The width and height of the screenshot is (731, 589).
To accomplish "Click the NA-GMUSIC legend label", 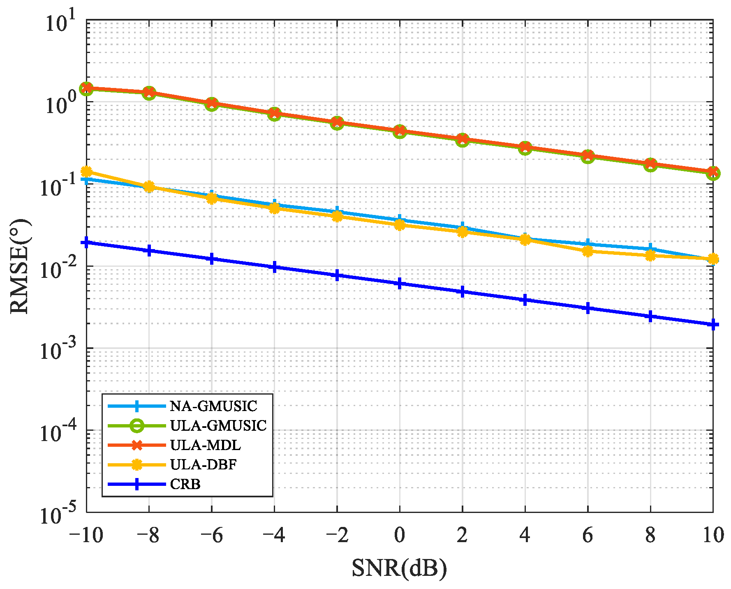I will click(213, 406).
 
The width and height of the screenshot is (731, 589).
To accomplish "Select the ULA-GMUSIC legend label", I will click(218, 425).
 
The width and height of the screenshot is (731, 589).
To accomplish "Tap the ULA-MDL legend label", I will click(205, 445).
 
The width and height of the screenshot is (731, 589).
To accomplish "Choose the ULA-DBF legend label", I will click(203, 464).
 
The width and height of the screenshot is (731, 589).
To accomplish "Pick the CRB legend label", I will click(185, 484).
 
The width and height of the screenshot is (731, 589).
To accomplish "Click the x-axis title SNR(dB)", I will click(399, 568).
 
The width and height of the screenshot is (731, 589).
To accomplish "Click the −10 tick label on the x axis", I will click(86, 535).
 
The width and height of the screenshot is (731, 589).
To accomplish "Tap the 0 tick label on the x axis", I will click(399, 535).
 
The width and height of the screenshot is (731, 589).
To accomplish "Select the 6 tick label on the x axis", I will click(587, 535).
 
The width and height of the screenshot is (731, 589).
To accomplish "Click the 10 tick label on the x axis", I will click(712, 535).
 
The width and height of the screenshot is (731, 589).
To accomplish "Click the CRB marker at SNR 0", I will click(399, 284).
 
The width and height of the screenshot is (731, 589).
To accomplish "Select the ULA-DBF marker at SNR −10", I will click(86, 171).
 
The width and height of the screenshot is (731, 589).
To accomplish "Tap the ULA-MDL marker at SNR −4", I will click(274, 113).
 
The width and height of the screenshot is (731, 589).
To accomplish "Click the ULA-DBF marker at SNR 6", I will click(588, 251).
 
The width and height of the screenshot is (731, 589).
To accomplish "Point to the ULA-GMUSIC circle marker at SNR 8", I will click(650, 164).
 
